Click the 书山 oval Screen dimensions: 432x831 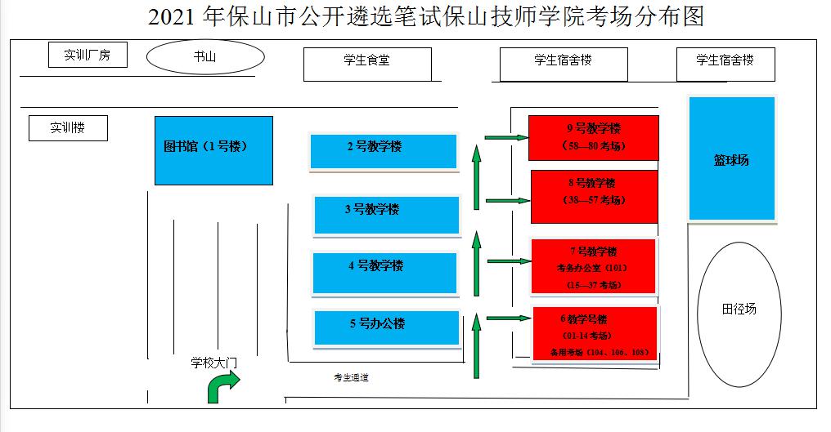point(205,57)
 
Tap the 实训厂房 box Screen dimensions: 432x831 point(87,56)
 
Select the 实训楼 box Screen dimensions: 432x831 point(68,128)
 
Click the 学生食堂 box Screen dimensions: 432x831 point(366,64)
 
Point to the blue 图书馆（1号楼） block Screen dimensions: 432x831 point(213,150)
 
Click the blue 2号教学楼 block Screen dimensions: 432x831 point(383,151)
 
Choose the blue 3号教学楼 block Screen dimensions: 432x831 point(387,214)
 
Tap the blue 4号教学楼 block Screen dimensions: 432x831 point(385,272)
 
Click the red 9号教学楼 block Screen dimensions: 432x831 point(593,137)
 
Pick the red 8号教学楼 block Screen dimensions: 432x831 point(594,195)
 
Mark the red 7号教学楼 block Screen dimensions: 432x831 point(593,265)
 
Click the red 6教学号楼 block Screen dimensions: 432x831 point(594,333)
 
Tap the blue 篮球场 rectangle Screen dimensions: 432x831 point(731,158)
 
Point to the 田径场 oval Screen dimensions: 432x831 point(739,314)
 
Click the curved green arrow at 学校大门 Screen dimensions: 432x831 point(222,385)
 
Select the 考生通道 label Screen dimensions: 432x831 point(351,377)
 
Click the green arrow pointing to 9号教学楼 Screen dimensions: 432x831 point(506,137)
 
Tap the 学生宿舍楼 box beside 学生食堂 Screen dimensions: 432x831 point(564,64)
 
